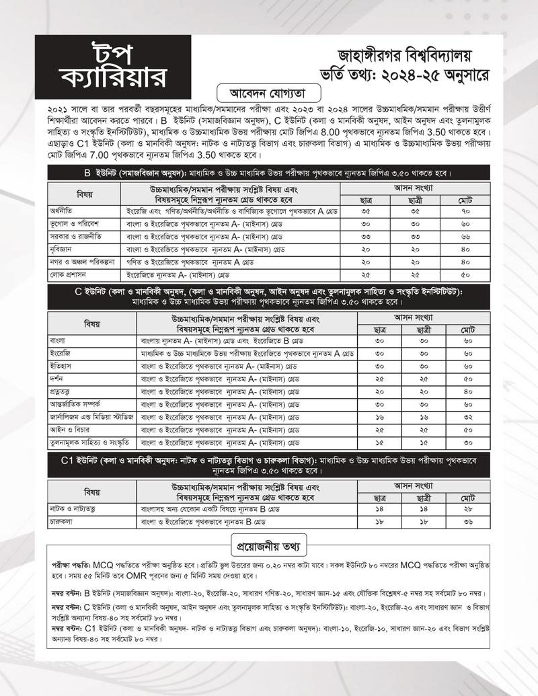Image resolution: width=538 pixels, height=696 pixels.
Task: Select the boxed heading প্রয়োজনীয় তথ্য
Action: pyautogui.click(x=269, y=541)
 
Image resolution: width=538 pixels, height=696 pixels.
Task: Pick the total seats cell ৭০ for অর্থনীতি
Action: pyautogui.click(x=467, y=211)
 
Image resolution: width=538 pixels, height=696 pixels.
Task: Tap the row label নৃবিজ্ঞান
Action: pyautogui.click(x=65, y=249)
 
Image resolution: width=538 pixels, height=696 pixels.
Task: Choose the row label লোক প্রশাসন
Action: pyautogui.click(x=70, y=275)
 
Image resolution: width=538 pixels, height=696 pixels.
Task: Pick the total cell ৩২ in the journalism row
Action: pyautogui.click(x=467, y=417)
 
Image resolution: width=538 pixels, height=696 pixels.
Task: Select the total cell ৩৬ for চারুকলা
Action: pyautogui.click(x=467, y=522)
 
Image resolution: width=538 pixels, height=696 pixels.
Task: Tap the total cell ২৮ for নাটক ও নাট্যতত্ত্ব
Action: pyautogui.click(x=467, y=509)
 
